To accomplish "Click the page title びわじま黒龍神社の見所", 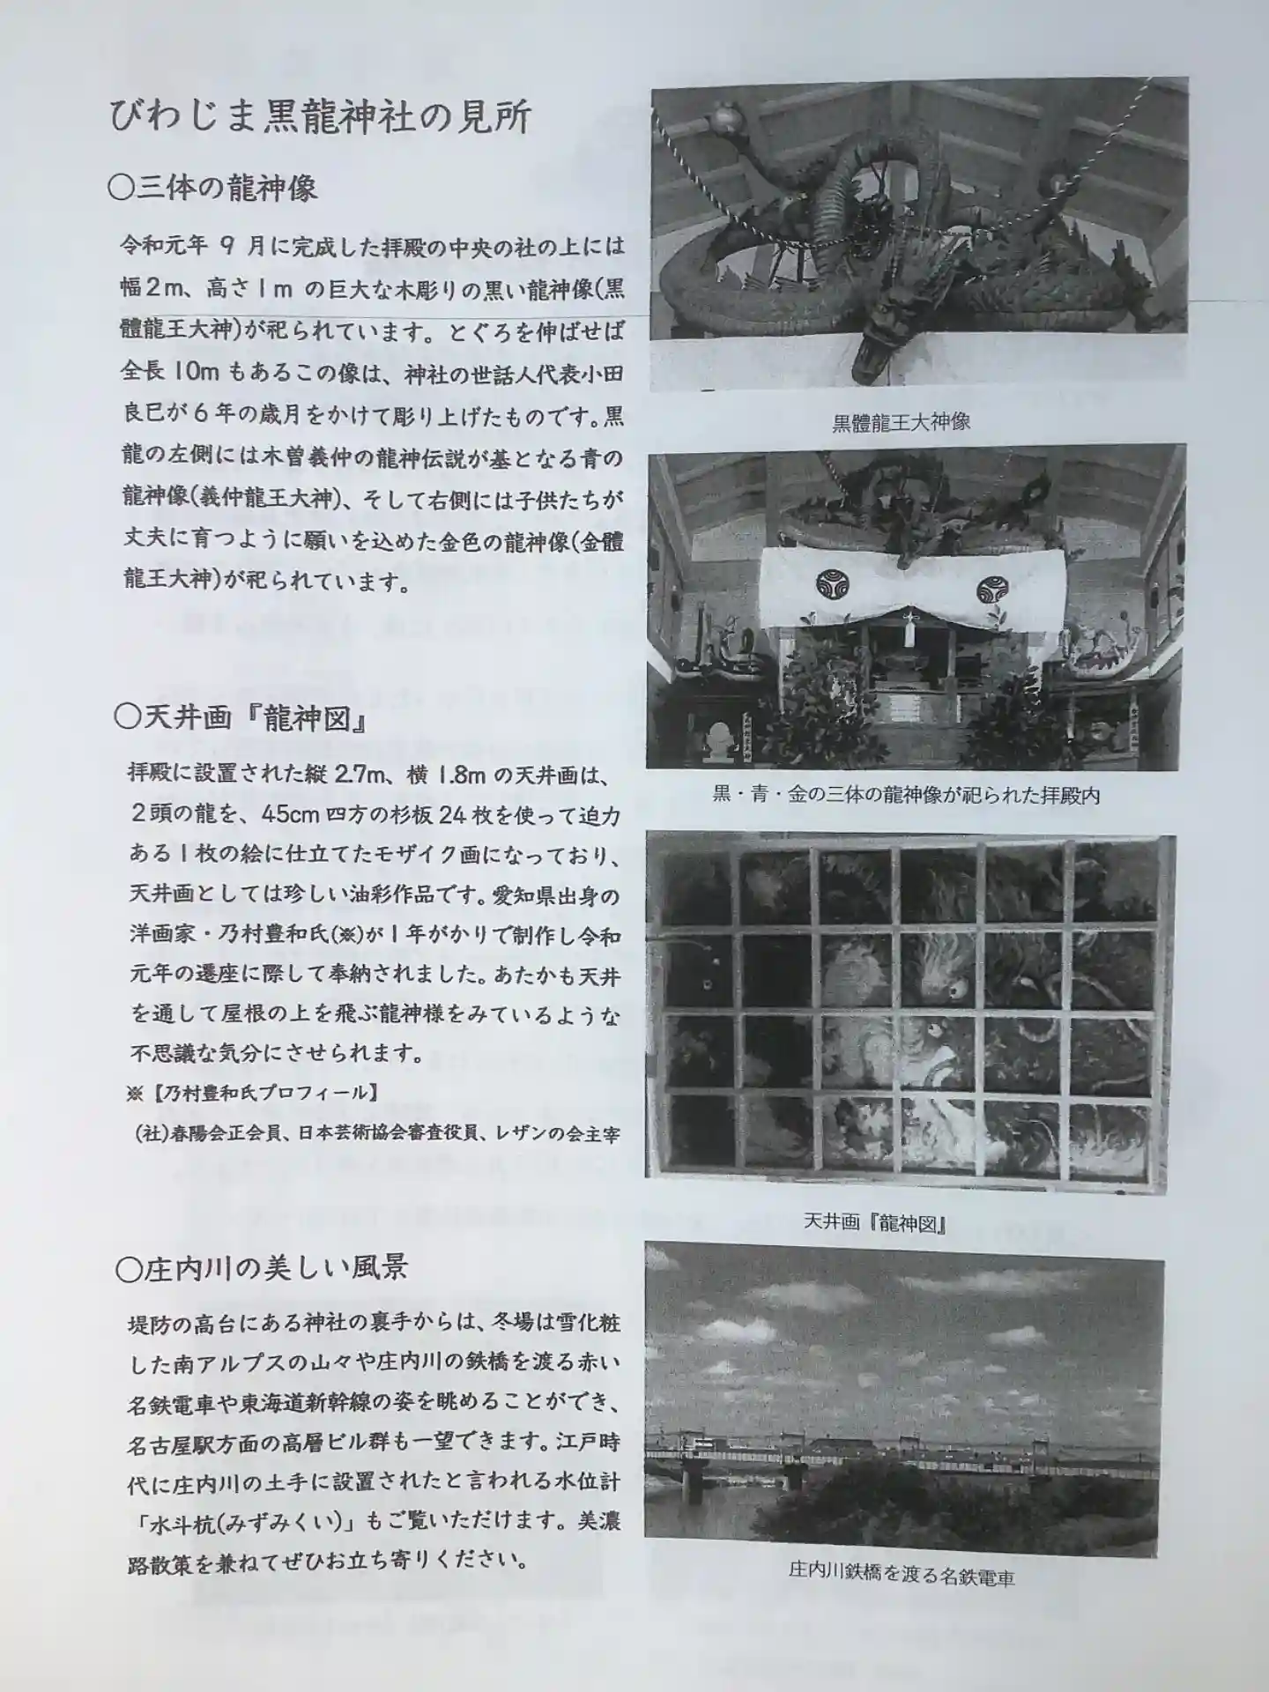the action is pyautogui.click(x=321, y=117).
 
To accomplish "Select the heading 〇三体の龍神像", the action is pyautogui.click(x=212, y=189).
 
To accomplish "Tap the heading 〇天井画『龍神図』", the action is pyautogui.click(x=241, y=719).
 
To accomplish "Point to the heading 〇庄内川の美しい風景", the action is pyautogui.click(x=262, y=1268).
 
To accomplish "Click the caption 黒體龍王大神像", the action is pyautogui.click(x=901, y=421).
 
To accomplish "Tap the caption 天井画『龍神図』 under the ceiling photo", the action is pyautogui.click(x=874, y=1223).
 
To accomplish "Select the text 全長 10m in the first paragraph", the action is pyautogui.click(x=170, y=372).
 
